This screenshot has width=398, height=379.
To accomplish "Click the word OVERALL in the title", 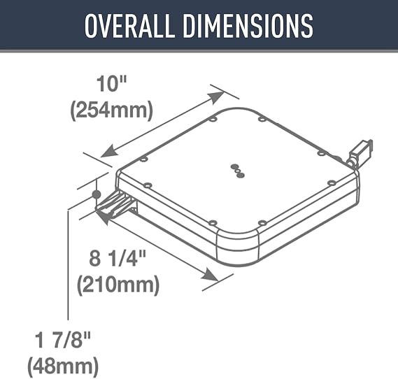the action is [129, 26].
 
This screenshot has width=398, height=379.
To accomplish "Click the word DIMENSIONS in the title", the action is [248, 26].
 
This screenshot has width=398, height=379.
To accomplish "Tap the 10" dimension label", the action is [111, 84].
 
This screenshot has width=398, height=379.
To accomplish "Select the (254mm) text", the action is [111, 110].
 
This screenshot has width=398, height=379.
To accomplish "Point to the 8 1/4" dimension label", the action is [118, 258].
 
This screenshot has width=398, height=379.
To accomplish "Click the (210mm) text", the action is [118, 285].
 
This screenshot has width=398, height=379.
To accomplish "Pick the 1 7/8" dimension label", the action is [62, 340].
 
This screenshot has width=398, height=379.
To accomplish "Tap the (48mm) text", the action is [63, 366].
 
